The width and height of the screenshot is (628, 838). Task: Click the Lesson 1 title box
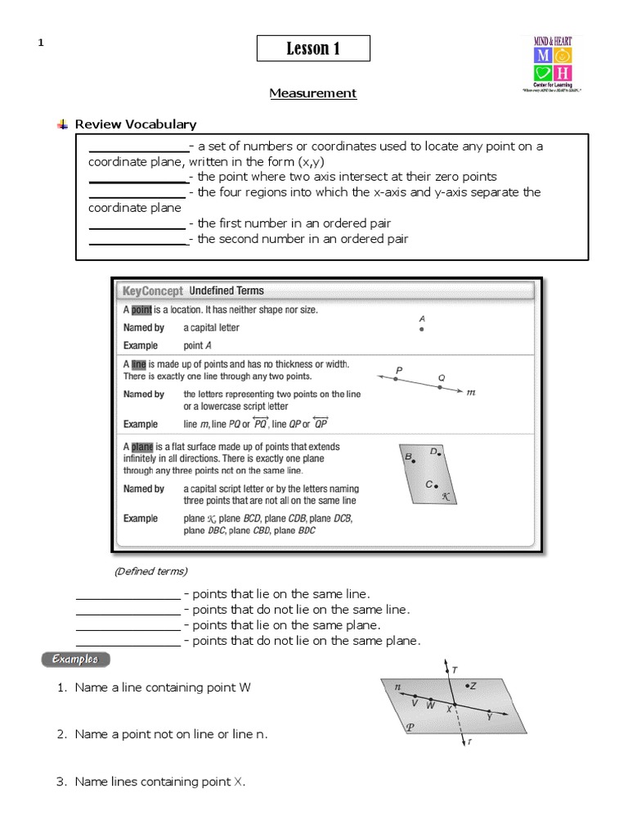point(313,49)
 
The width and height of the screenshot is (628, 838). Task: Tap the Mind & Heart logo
point(553,65)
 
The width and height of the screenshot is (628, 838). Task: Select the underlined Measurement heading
point(313,93)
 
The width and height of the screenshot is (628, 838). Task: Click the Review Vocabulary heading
point(136,124)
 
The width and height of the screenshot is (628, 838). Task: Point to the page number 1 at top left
point(40,44)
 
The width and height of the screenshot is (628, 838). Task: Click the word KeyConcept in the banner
point(153,291)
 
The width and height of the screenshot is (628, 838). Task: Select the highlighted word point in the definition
point(142,310)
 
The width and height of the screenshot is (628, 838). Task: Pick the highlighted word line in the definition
point(139,363)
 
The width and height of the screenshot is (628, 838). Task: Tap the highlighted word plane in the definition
point(142,447)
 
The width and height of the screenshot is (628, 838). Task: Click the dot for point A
point(421,330)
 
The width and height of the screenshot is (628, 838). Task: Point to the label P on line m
point(399,371)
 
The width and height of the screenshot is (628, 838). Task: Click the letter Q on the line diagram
point(442,377)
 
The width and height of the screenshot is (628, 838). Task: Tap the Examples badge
point(75,659)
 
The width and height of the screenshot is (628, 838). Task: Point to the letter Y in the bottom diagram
point(489,716)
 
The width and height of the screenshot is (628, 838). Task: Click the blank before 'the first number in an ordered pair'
point(137,223)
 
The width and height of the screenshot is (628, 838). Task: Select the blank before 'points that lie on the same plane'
point(128,625)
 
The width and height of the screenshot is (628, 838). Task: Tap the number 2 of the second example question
point(61,735)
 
